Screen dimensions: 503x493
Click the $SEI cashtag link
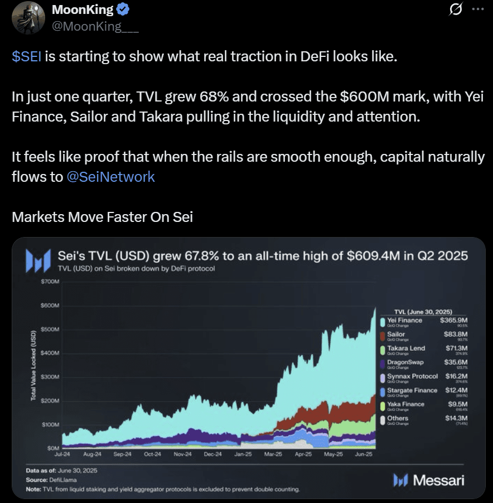pos(26,57)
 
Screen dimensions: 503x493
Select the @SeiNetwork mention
pos(110,177)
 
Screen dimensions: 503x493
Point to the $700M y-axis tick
pos(50,282)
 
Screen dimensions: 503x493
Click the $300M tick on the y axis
pos(50,377)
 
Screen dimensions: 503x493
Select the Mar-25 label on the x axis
pos(272,454)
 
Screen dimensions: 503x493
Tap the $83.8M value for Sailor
pos(439,335)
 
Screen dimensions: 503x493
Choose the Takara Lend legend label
pos(406,349)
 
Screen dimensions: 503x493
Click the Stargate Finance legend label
pos(412,390)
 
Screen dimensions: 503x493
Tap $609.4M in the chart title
pos(377,256)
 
